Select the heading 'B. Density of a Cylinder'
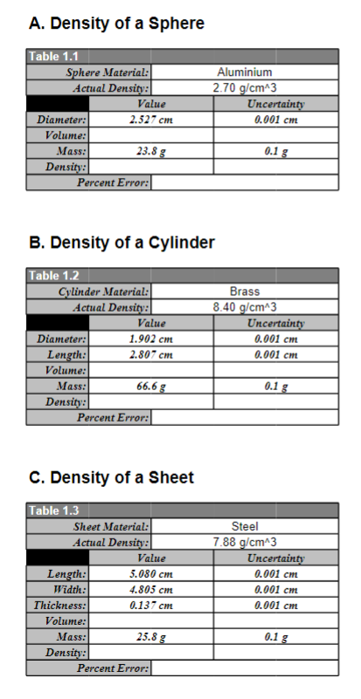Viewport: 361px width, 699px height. pos(121,242)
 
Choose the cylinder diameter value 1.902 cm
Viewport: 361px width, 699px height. pos(150,339)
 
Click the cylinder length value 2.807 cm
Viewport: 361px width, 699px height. pos(150,354)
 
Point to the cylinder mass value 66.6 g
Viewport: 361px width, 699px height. pos(150,385)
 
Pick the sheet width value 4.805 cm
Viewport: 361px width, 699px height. pos(150,589)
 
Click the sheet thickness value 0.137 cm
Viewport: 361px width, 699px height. pos(150,605)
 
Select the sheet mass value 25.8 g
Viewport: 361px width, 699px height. pos(150,637)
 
